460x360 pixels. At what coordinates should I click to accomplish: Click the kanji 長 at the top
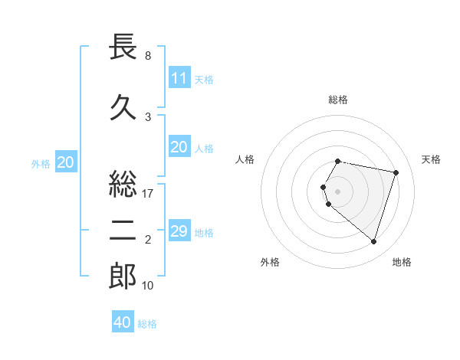click(x=123, y=48)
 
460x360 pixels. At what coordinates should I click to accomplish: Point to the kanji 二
click(x=123, y=231)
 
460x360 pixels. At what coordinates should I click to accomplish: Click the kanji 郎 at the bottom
click(x=123, y=277)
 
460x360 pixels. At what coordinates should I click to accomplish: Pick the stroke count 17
click(x=148, y=194)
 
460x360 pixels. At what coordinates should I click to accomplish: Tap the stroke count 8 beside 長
click(x=148, y=56)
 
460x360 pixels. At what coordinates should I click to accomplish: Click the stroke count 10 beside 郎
click(x=148, y=286)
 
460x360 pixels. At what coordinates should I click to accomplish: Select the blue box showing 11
click(x=179, y=78)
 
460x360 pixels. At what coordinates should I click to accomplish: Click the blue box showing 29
click(x=179, y=231)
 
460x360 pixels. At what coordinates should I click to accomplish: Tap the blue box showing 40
click(x=123, y=322)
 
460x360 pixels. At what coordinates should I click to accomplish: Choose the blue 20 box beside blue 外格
click(x=66, y=162)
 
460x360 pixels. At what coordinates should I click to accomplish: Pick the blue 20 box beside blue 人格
click(x=179, y=147)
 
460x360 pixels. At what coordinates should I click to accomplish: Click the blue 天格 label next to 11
click(x=204, y=79)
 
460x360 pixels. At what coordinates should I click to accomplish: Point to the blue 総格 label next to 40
click(x=148, y=324)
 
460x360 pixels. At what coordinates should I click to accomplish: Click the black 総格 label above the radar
click(x=338, y=100)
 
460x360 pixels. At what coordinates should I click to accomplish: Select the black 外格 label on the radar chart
click(x=270, y=262)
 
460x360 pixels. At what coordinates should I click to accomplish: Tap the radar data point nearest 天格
click(x=396, y=172)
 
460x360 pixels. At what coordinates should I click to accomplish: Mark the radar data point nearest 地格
click(x=373, y=242)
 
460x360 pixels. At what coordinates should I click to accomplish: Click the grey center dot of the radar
click(x=338, y=191)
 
